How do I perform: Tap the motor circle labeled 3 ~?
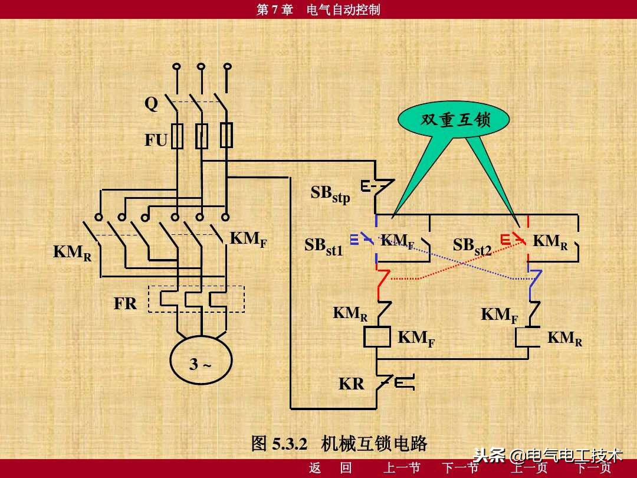point(201,364)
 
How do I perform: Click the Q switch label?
point(152,104)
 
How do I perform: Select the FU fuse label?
point(156,140)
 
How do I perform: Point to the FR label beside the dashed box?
point(125,303)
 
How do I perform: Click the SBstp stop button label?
point(330,194)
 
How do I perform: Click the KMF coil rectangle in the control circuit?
point(376,337)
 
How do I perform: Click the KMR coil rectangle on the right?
point(528,337)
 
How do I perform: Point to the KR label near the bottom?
point(351,384)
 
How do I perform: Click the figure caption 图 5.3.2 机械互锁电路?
point(339,443)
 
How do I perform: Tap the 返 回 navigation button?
point(330,469)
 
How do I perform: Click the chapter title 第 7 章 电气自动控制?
point(318,9)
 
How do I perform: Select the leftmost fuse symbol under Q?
point(177,136)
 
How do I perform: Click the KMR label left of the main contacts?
point(72,253)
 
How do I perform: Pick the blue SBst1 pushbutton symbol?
point(360,239)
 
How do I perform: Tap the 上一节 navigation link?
point(402,469)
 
